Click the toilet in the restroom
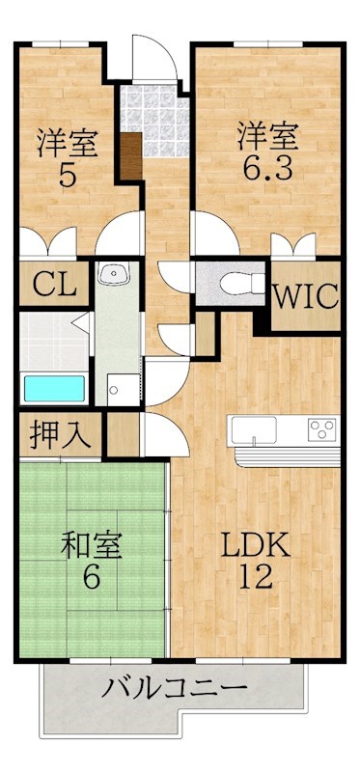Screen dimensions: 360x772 click(x=242, y=284)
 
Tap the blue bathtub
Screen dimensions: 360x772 click(x=54, y=389)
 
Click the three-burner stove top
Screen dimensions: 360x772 click(x=322, y=429)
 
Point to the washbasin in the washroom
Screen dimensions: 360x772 click(x=114, y=273)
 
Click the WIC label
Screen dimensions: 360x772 click(x=306, y=296)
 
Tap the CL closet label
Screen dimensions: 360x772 click(x=55, y=284)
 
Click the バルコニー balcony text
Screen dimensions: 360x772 click(x=174, y=688)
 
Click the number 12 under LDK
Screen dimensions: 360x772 click(x=256, y=575)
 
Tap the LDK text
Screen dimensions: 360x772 click(x=256, y=545)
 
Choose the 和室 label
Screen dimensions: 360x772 click(x=92, y=545)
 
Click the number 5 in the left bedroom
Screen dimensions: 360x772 click(x=68, y=175)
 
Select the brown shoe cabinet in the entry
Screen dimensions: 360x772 click(x=131, y=155)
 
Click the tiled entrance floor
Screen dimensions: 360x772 click(x=155, y=120)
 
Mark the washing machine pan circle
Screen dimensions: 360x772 click(x=114, y=390)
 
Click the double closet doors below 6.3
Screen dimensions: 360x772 click(x=293, y=245)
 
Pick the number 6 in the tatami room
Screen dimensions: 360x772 click(x=92, y=576)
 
